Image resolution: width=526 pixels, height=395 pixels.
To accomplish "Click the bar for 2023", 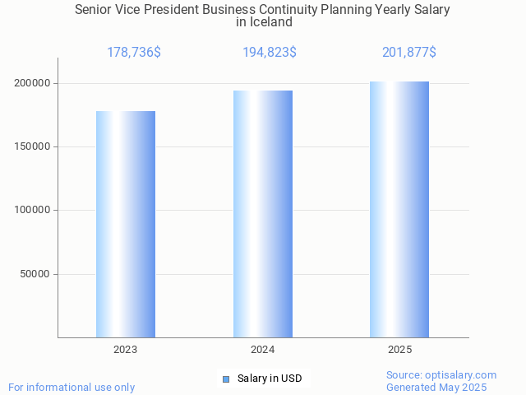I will click(x=126, y=224).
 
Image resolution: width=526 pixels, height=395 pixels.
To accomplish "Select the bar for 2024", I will click(x=263, y=214).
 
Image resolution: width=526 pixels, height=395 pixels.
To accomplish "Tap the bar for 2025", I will click(x=399, y=209).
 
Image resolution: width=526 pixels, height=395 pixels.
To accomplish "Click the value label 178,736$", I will click(x=134, y=53).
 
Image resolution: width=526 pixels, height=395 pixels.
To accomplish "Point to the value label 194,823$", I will click(x=270, y=53).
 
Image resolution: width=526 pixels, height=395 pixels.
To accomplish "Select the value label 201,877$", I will click(x=408, y=53).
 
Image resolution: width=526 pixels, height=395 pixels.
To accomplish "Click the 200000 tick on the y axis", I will click(x=34, y=83).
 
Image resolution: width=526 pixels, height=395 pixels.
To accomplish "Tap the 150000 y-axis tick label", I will click(x=34, y=146).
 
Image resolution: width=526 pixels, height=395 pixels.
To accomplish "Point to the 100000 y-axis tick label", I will click(x=34, y=210).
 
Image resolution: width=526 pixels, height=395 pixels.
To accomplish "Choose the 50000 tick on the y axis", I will click(x=37, y=274).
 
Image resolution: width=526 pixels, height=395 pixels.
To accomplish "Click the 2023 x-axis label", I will click(x=126, y=350).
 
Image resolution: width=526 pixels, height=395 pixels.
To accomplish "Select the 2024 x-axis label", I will click(x=263, y=350).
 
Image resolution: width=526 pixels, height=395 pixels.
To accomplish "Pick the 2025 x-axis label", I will click(x=400, y=350).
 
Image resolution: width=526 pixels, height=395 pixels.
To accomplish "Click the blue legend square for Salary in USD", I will click(x=226, y=379).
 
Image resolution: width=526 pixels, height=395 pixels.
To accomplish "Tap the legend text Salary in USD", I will click(x=270, y=379).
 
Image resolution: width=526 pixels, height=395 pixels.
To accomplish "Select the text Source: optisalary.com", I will click(x=441, y=375).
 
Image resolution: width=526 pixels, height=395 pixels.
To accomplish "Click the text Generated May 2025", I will click(x=436, y=388).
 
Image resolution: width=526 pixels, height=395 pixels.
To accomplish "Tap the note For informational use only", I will click(x=72, y=388).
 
